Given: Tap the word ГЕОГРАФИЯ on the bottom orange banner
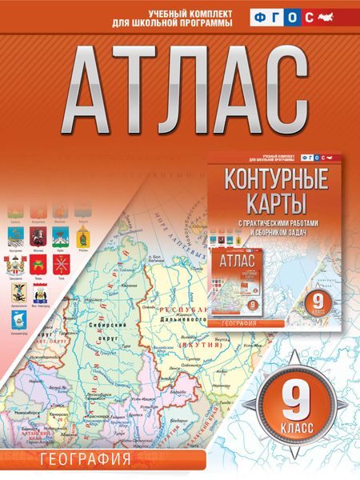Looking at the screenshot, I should point(77,462).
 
